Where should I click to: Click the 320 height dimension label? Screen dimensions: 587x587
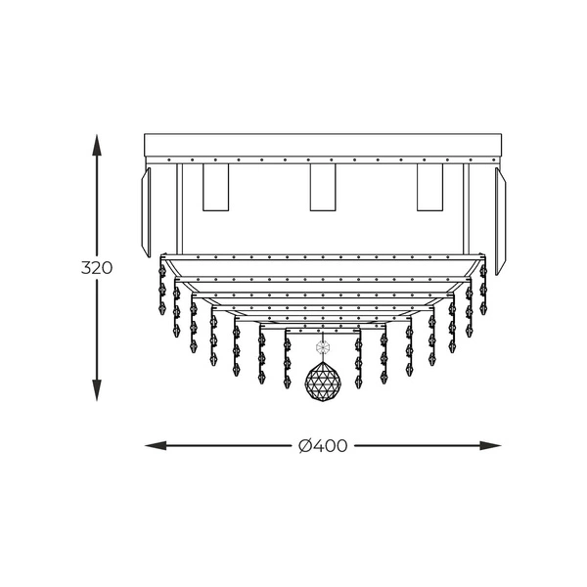coord(97,268)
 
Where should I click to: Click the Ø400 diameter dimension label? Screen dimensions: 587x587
coord(323,445)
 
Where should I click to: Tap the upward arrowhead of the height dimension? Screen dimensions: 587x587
coord(97,145)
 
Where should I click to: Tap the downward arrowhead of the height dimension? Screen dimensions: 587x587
coord(97,390)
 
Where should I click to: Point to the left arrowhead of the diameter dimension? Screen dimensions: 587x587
coord(156,445)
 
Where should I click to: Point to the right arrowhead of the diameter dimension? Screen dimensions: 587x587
coord(490,445)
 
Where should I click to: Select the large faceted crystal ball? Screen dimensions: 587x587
coord(323,382)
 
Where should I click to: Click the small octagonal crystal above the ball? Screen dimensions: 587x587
coord(322,347)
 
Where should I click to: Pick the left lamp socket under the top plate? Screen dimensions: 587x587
coord(215,187)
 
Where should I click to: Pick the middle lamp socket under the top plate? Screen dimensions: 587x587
coord(323,187)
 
